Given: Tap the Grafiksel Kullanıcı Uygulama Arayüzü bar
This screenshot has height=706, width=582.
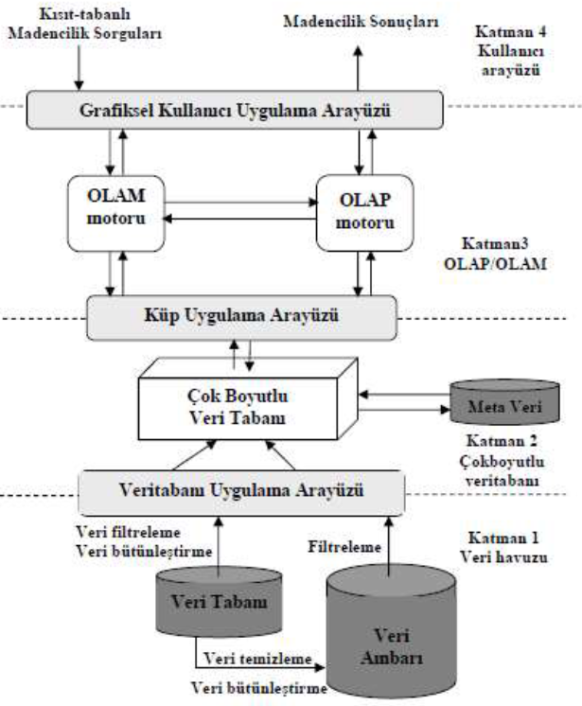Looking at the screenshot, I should point(236,111).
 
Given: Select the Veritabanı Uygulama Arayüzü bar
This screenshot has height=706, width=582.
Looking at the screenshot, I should point(240,491).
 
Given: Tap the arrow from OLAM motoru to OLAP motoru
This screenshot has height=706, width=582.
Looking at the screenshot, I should point(236,200).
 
